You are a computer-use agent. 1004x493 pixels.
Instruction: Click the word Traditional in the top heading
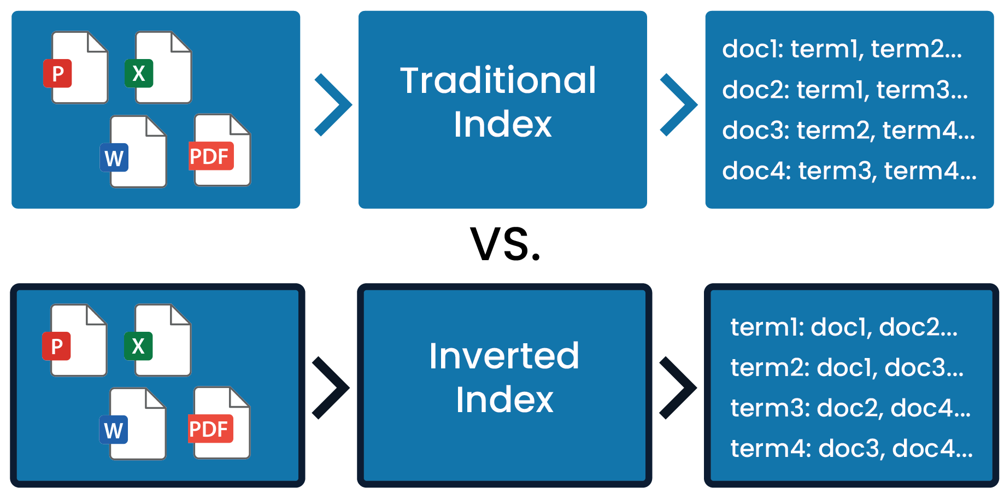click(x=498, y=80)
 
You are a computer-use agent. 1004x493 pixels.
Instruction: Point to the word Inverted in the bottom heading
click(x=503, y=356)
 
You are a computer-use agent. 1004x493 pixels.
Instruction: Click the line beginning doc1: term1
click(x=842, y=49)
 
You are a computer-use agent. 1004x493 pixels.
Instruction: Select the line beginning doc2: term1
click(x=844, y=90)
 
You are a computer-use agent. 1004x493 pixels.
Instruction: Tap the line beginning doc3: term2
click(x=848, y=130)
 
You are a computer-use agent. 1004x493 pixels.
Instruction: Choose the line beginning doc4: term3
click(x=849, y=171)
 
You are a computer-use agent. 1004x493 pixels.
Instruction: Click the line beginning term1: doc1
click(x=844, y=327)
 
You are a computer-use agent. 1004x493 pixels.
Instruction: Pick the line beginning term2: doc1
click(x=847, y=367)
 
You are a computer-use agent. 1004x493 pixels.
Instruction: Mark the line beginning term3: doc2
click(x=850, y=408)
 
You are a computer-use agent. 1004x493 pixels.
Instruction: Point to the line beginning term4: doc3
click(x=852, y=448)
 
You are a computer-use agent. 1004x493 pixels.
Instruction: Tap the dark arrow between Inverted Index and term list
click(x=673, y=388)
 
